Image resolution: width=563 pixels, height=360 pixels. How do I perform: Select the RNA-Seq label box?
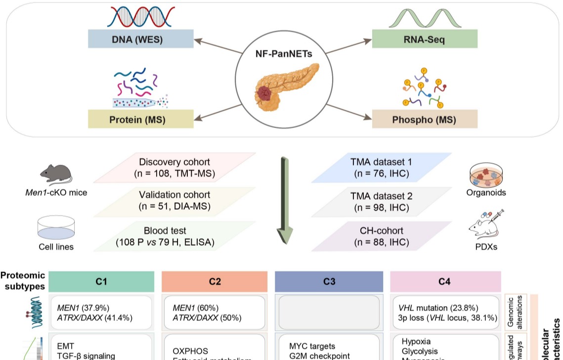pyautogui.click(x=425, y=39)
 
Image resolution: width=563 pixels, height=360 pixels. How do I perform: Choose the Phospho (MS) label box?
pyautogui.click(x=424, y=119)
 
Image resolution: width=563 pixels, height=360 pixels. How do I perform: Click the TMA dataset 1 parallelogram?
pyautogui.click(x=381, y=167)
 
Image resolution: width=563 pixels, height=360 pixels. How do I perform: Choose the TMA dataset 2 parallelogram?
pyautogui.click(x=381, y=201)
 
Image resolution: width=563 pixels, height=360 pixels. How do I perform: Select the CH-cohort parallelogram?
pyautogui.click(x=381, y=236)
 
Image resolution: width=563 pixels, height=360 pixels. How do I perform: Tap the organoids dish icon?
pyautogui.click(x=486, y=177)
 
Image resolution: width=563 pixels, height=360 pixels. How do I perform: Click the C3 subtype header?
pyautogui.click(x=329, y=282)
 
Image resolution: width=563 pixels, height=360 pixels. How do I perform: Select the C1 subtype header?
pyautogui.click(x=101, y=282)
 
